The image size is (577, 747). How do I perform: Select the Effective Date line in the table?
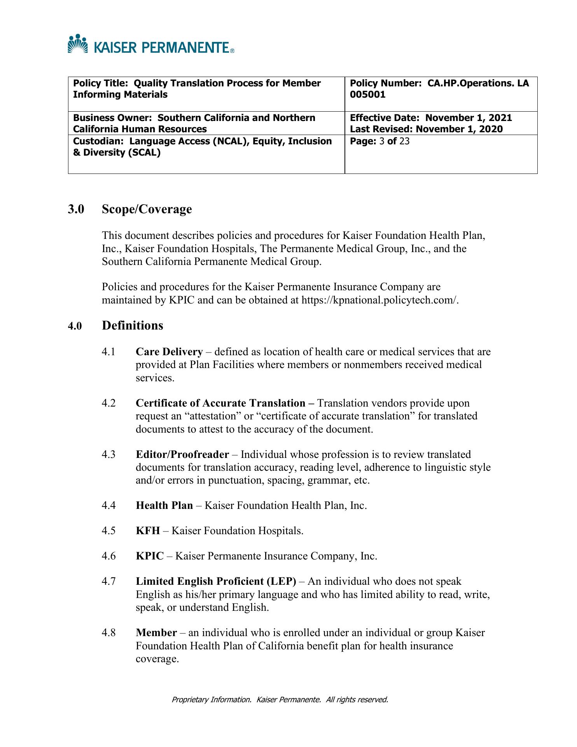pos(431,118)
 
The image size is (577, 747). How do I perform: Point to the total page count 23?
pos(404,141)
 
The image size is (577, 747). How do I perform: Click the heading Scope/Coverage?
pos(147,209)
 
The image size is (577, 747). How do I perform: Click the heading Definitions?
pos(132,326)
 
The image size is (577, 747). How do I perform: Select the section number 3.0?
pos(76,209)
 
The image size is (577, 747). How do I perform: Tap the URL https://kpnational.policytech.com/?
pos(380,300)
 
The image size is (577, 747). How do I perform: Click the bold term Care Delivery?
pos(169,352)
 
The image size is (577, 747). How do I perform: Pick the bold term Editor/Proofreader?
pos(182,455)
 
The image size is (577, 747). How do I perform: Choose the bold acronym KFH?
pos(148,531)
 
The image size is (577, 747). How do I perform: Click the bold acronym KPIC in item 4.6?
pos(150,556)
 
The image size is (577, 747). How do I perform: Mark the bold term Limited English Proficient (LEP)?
pos(216,582)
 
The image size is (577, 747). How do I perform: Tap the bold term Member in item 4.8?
pos(156,633)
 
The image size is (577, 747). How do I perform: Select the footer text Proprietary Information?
pos(211,700)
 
